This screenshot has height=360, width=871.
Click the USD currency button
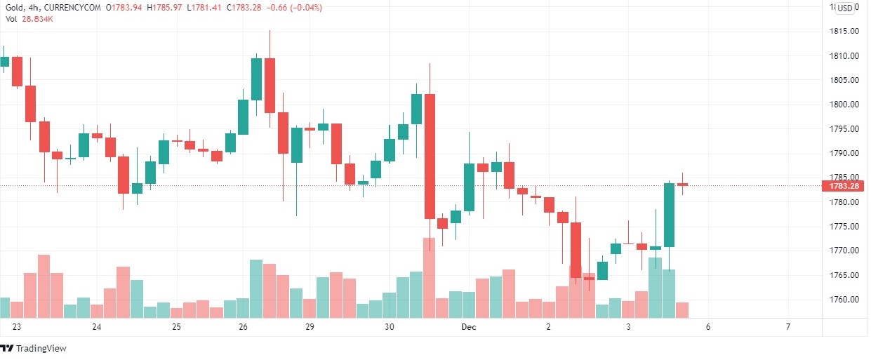pyautogui.click(x=845, y=8)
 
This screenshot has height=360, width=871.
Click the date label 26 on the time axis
pyautogui.click(x=243, y=327)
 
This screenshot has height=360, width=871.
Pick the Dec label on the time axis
pyautogui.click(x=469, y=327)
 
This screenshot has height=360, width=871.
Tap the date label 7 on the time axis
pyautogui.click(x=788, y=327)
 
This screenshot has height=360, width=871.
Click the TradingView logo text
pyautogui.click(x=40, y=349)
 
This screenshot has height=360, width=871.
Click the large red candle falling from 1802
pyautogui.click(x=430, y=156)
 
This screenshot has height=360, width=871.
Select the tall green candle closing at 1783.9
pyautogui.click(x=669, y=215)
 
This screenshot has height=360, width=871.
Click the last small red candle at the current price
pyautogui.click(x=682, y=185)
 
